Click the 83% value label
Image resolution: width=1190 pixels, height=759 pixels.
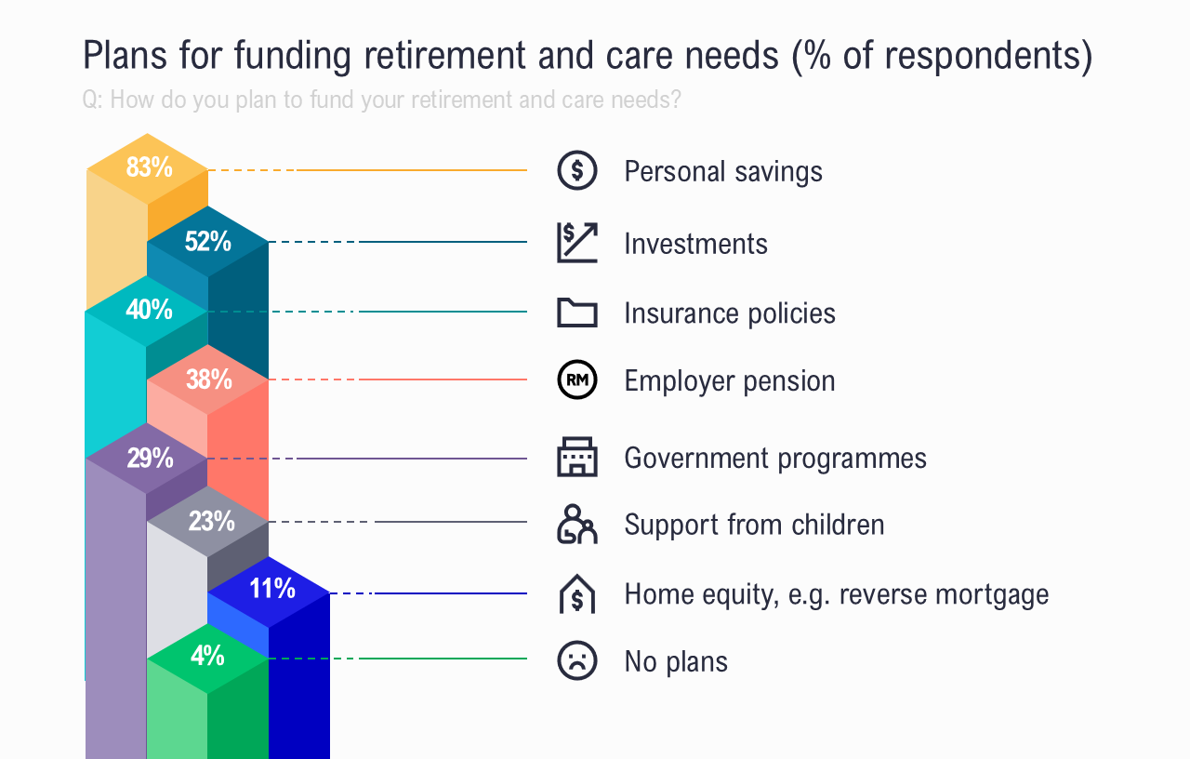point(150,166)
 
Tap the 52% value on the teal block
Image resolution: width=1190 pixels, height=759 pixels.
point(207,241)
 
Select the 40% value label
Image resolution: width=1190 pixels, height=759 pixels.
point(150,310)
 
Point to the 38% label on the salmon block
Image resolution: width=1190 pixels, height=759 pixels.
point(209,379)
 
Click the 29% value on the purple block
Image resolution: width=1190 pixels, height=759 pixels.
point(150,458)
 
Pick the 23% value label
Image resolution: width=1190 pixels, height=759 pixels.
point(211,522)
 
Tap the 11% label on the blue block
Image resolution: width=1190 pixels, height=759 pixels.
point(272,589)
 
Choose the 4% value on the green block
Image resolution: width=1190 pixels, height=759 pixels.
point(207,656)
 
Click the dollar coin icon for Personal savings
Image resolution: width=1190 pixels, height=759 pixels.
point(577,170)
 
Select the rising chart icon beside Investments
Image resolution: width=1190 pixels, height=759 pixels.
point(577,243)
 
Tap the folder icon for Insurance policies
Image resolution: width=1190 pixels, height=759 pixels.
point(577,312)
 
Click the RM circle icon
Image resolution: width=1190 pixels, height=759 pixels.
point(577,379)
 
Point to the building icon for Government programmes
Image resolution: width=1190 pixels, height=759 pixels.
point(577,457)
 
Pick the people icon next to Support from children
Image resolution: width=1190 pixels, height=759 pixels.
point(577,524)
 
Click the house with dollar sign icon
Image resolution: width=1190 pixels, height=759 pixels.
point(577,594)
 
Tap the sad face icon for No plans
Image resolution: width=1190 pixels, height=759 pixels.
point(577,660)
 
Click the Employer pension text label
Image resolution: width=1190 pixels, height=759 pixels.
point(730,381)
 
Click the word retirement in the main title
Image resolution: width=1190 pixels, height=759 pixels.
point(444,55)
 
